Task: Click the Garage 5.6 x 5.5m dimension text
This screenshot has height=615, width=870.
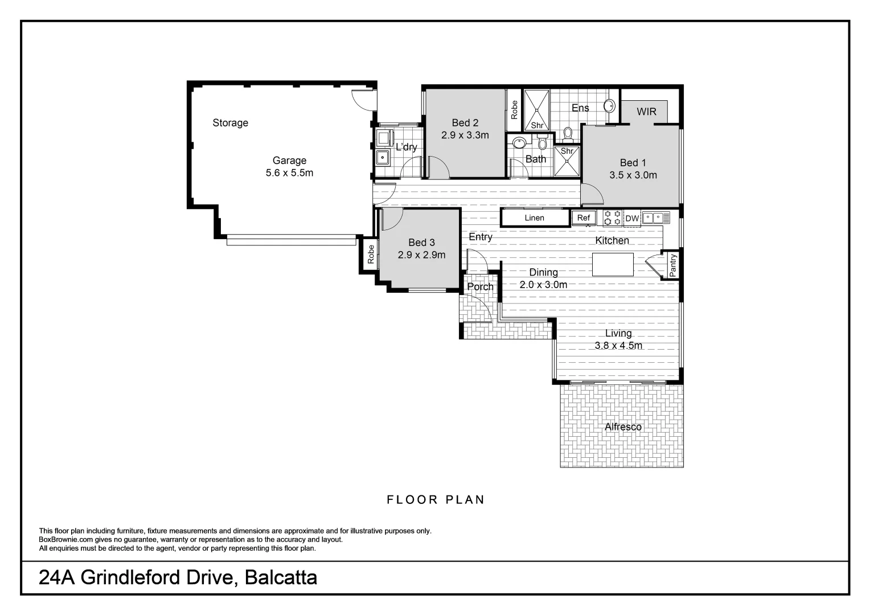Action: pyautogui.click(x=289, y=173)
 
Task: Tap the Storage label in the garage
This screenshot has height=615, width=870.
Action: pyautogui.click(x=230, y=123)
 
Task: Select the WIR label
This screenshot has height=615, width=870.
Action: pyautogui.click(x=646, y=112)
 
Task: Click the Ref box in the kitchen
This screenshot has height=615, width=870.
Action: pyautogui.click(x=584, y=218)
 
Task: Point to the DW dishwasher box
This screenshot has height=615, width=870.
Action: pyautogui.click(x=632, y=218)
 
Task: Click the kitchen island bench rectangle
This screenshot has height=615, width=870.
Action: pyautogui.click(x=613, y=264)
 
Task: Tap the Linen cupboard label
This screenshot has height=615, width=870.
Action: pyautogui.click(x=534, y=218)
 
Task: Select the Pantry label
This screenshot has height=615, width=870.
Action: pyautogui.click(x=673, y=265)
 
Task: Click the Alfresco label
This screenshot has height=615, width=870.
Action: pyautogui.click(x=623, y=427)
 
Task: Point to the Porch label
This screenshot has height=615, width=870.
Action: pyautogui.click(x=480, y=287)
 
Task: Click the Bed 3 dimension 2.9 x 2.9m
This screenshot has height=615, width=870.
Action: pyautogui.click(x=421, y=255)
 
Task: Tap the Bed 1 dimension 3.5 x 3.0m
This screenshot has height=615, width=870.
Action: pyautogui.click(x=633, y=175)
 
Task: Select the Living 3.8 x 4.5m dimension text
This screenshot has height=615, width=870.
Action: pyautogui.click(x=618, y=346)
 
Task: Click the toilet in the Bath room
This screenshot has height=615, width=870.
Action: pyautogui.click(x=541, y=142)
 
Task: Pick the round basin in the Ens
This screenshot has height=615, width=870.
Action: pyautogui.click(x=609, y=106)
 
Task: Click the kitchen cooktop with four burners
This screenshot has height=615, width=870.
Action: pyautogui.click(x=612, y=218)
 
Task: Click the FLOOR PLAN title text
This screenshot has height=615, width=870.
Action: pyautogui.click(x=436, y=500)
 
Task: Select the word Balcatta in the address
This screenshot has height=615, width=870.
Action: pyautogui.click(x=281, y=578)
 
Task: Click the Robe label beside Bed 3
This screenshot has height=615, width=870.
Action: pyautogui.click(x=371, y=254)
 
